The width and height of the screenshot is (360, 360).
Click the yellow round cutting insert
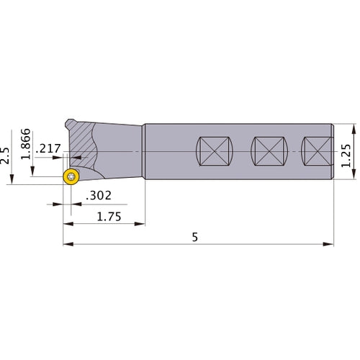pyautogui.click(x=71, y=177)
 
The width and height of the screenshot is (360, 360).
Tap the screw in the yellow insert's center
pyautogui.click(x=71, y=177)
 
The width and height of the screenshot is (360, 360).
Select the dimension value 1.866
pyautogui.click(x=26, y=144)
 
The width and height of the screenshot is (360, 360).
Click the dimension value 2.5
pyautogui.click(x=4, y=156)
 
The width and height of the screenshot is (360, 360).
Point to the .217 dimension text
pyautogui.click(x=48, y=148)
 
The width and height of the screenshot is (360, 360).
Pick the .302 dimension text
pyautogui.click(x=99, y=196)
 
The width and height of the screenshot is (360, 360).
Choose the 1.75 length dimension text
pyautogui.click(x=109, y=217)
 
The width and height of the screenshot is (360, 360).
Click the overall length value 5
pyautogui.click(x=195, y=237)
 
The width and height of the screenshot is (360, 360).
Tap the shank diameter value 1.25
pyautogui.click(x=346, y=156)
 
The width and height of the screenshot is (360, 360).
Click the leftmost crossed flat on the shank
pyautogui.click(x=215, y=151)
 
